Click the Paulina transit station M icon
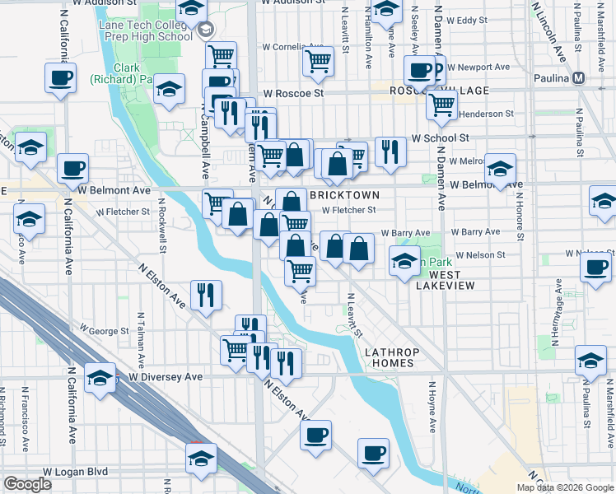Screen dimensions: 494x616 579,78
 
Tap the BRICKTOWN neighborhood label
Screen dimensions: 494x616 344,195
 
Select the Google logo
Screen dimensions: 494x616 27,484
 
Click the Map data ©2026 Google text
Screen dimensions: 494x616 565,487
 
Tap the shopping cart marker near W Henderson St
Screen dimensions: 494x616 442,104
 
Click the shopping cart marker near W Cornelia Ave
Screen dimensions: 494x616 317,60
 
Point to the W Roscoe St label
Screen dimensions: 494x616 293,94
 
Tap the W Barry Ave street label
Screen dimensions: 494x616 410,233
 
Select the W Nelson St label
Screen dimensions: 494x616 479,255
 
